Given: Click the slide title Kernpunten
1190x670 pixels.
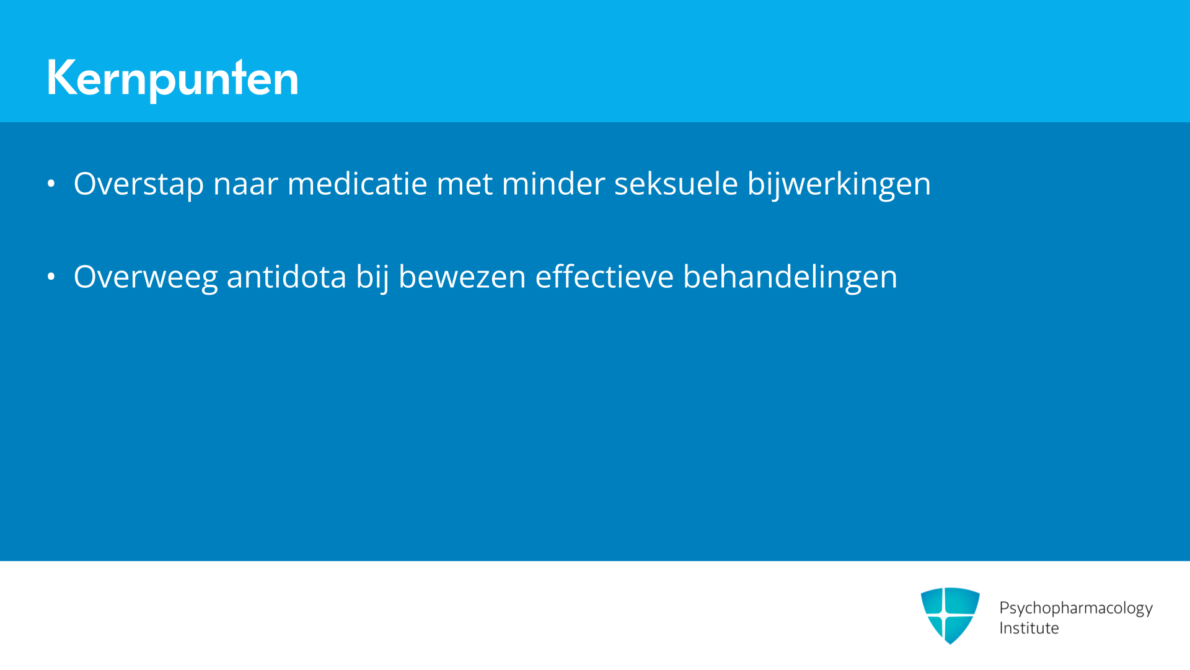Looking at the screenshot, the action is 172,78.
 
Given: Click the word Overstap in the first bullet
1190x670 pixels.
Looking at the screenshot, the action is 139,184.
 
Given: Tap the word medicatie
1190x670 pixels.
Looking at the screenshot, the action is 357,184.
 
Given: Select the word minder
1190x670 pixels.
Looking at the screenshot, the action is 553,184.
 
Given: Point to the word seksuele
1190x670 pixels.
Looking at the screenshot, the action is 676,184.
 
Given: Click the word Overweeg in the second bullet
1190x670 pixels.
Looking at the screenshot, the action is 146,277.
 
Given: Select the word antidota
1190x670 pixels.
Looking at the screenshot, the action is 286,277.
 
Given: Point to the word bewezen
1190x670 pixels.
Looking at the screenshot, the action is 462,277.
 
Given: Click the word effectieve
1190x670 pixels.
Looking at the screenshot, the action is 604,277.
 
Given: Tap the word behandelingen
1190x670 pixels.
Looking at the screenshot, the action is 790,277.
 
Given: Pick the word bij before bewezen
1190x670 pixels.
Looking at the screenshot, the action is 372,277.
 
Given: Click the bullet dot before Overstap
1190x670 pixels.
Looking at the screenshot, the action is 51,184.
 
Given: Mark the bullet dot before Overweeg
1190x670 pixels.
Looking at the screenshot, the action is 51,277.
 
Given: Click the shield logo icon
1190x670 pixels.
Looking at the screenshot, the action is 950,615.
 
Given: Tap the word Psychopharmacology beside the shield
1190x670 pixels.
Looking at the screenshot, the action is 1075,608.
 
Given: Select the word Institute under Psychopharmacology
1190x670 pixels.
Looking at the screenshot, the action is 1029,628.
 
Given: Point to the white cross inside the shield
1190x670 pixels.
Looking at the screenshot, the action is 944,615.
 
